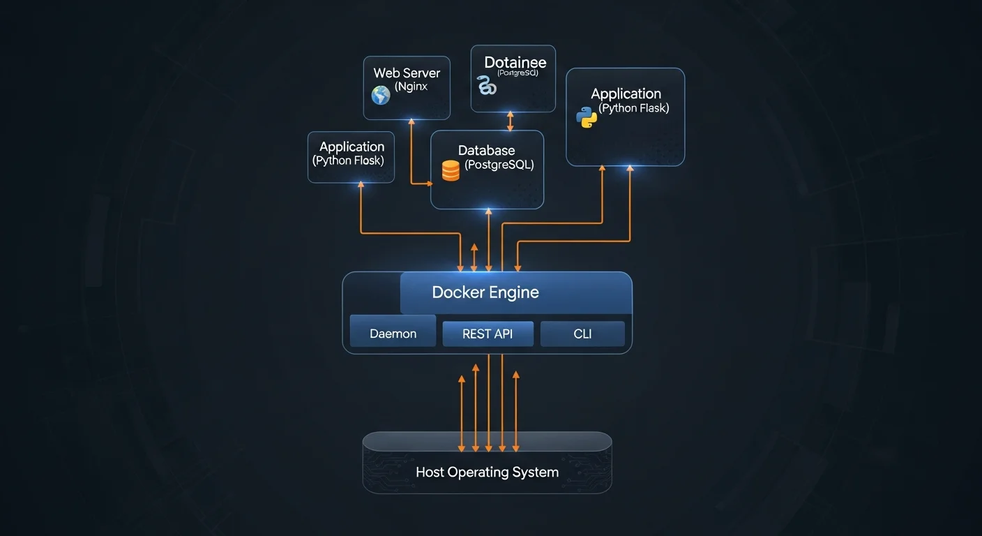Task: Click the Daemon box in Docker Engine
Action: click(x=393, y=334)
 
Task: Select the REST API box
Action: click(x=488, y=334)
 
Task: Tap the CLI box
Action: click(x=582, y=334)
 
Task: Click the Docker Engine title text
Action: click(x=485, y=292)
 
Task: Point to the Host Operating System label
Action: click(x=487, y=472)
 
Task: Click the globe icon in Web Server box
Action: click(x=381, y=95)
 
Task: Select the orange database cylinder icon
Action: click(x=451, y=170)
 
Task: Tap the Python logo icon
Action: click(x=587, y=117)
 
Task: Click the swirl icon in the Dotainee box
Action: click(x=487, y=86)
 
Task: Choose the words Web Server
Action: click(x=407, y=73)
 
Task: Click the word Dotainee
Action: click(x=515, y=62)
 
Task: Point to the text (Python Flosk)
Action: click(x=348, y=161)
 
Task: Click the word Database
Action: click(x=486, y=150)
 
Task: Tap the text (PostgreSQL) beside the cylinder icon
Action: click(x=499, y=165)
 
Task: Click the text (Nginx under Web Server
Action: click(x=411, y=87)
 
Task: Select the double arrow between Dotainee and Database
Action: click(x=510, y=121)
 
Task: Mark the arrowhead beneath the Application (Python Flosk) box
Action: click(x=361, y=186)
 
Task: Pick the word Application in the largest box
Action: click(x=626, y=94)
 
